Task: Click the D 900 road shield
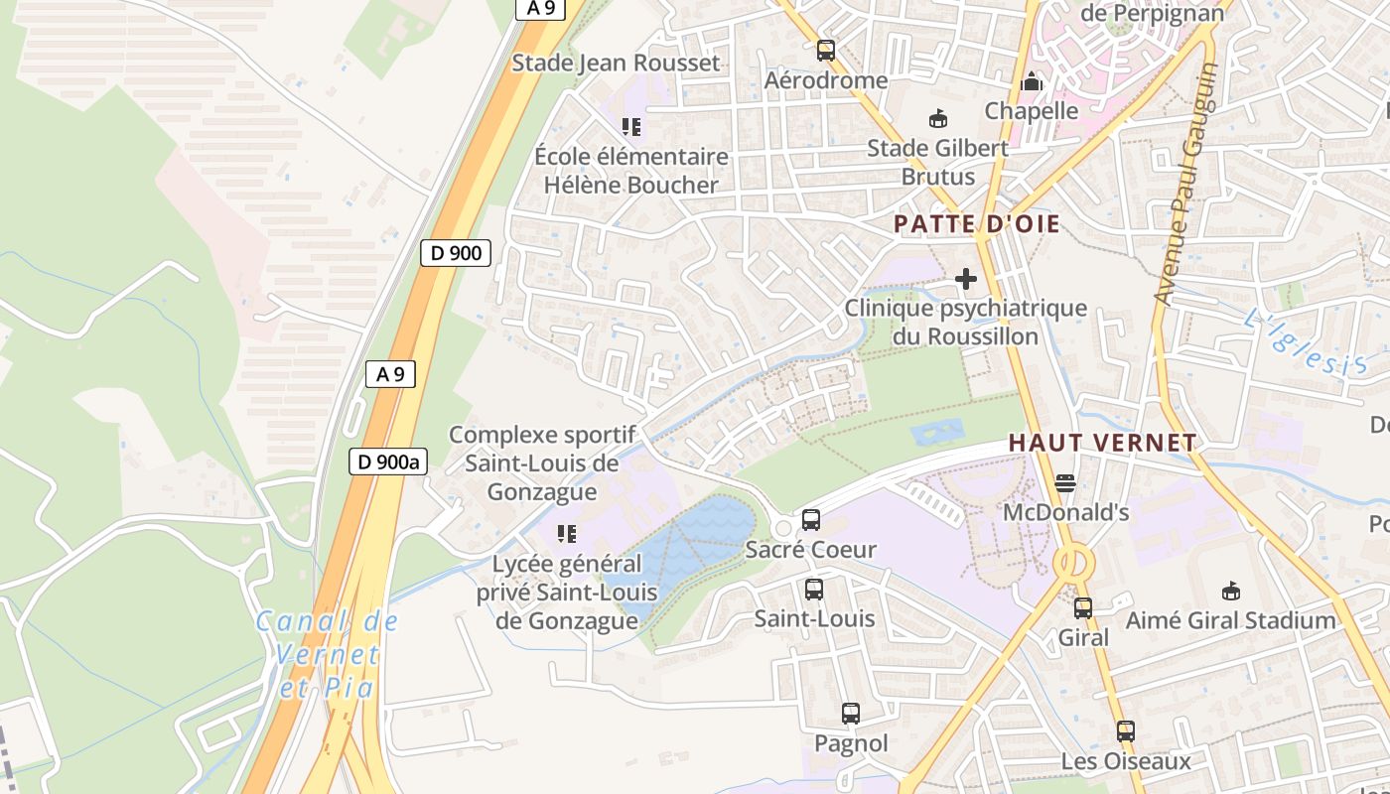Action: tap(457, 253)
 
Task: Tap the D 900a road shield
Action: tap(388, 462)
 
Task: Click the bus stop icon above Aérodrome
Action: tap(826, 51)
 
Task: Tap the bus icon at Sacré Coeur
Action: tap(811, 519)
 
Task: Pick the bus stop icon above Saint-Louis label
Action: tap(814, 589)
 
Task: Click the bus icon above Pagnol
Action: tap(851, 713)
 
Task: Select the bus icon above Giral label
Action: tap(1083, 607)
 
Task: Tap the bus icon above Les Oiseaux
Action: tap(1125, 731)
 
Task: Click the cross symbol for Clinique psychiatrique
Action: tap(966, 279)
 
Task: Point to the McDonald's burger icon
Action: tap(1065, 483)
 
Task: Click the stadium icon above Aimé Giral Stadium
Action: tap(1231, 591)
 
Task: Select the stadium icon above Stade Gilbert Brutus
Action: tap(937, 119)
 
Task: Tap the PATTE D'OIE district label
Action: tap(977, 224)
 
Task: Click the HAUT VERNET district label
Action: tap(1102, 444)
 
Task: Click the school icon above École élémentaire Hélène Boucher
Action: tap(631, 127)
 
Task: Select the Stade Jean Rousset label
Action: tap(616, 64)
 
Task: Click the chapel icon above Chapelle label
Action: tap(1033, 81)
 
